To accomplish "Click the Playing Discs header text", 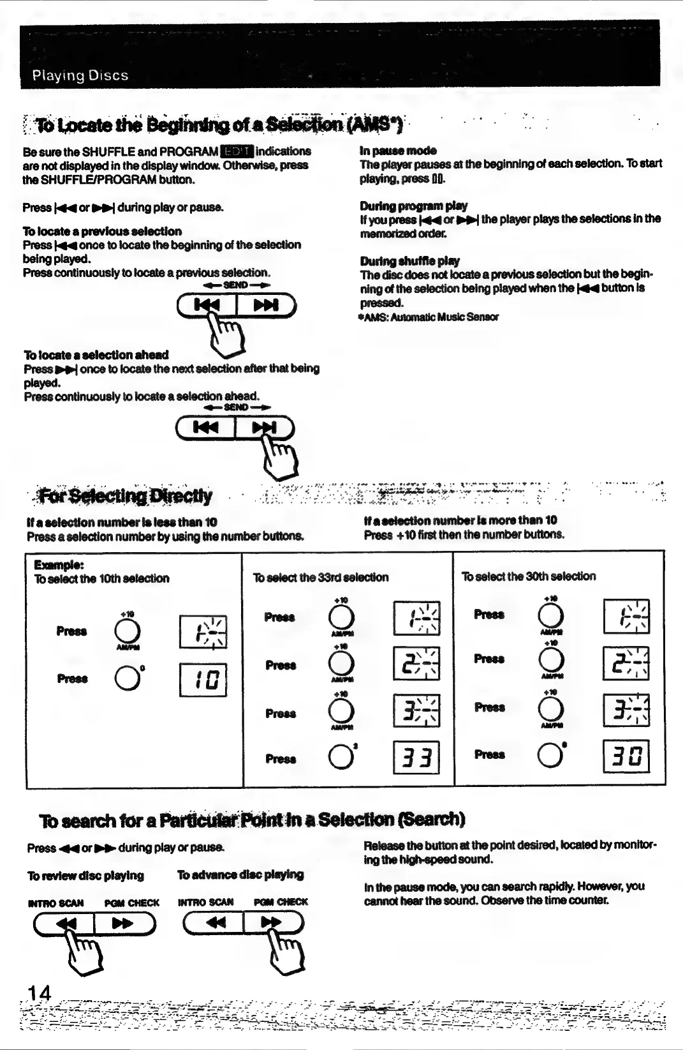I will [x=80, y=75].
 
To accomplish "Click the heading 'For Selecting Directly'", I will [x=126, y=495].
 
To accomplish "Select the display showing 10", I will [x=203, y=680].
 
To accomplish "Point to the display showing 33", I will [x=416, y=758].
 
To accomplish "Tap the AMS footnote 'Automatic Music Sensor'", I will [x=430, y=317].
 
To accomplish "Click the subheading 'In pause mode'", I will [x=398, y=151].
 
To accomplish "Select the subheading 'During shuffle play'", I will [x=409, y=260].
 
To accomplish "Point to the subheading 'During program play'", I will [x=413, y=206].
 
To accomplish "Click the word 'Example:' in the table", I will [x=59, y=565].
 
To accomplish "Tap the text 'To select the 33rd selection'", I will [x=321, y=578].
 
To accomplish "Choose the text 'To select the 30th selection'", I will [x=529, y=576].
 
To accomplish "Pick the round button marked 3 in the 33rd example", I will [x=341, y=757].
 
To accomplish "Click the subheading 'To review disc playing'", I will [x=85, y=876].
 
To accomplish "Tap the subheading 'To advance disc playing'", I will [x=240, y=874].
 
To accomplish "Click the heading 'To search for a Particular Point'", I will [x=252, y=820].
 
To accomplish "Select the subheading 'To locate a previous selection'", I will [x=102, y=231].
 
